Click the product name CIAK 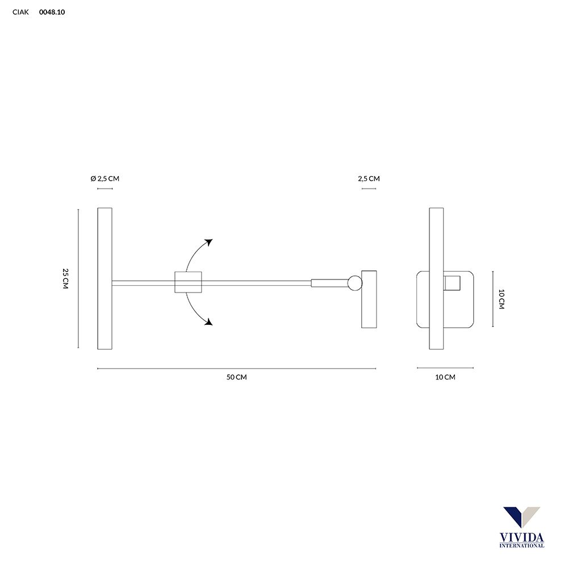click(20, 12)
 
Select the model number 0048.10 click(52, 12)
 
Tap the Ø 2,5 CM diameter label click(105, 178)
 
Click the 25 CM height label click(65, 278)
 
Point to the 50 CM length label click(236, 377)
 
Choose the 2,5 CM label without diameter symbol click(369, 178)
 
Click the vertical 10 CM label click(502, 299)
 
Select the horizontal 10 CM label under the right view click(445, 377)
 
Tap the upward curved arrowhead click(208, 242)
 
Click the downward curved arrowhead click(208, 321)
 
